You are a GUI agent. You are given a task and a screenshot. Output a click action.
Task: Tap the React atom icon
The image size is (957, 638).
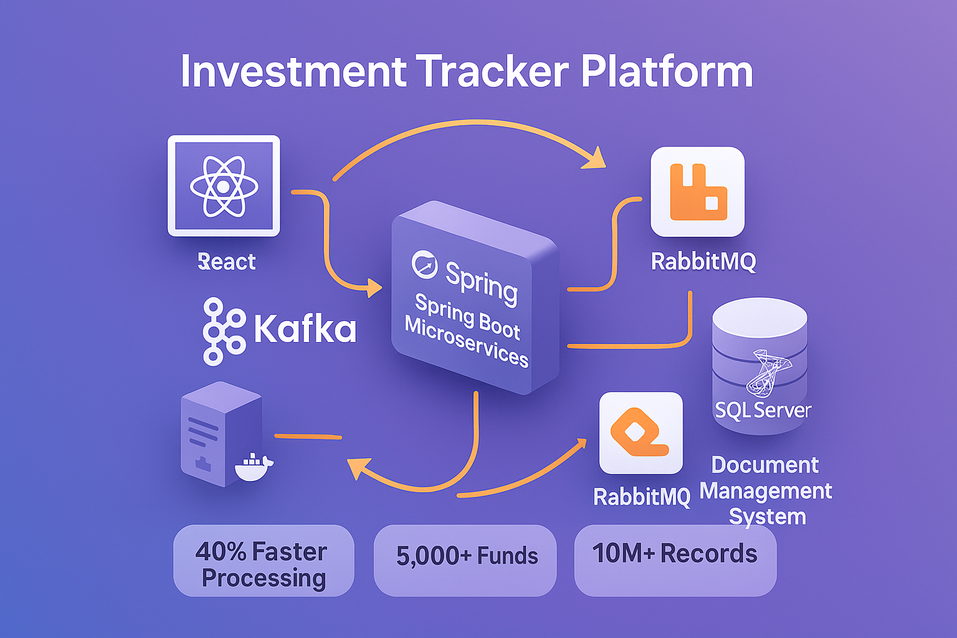tap(224, 186)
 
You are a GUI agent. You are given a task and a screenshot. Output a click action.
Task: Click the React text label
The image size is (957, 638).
tap(227, 262)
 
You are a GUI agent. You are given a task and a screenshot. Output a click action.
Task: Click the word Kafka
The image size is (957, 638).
tap(305, 328)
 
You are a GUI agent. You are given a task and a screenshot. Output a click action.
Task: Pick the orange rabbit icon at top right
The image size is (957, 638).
tap(698, 192)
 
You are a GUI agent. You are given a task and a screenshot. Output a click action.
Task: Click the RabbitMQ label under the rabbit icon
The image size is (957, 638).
tap(703, 261)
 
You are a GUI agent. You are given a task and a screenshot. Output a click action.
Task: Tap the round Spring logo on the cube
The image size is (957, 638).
tap(425, 264)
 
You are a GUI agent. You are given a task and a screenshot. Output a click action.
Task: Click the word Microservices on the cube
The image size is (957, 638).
tap(466, 342)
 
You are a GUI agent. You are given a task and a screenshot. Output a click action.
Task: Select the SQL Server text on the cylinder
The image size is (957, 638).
tap(763, 409)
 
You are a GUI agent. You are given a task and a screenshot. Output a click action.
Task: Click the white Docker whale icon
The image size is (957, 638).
tap(253, 467)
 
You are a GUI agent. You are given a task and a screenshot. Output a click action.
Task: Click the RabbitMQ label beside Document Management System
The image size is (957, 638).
tap(642, 497)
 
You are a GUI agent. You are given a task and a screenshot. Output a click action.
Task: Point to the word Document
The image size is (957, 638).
tap(765, 465)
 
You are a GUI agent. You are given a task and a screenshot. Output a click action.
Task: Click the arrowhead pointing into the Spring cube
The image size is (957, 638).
tap(374, 288)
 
